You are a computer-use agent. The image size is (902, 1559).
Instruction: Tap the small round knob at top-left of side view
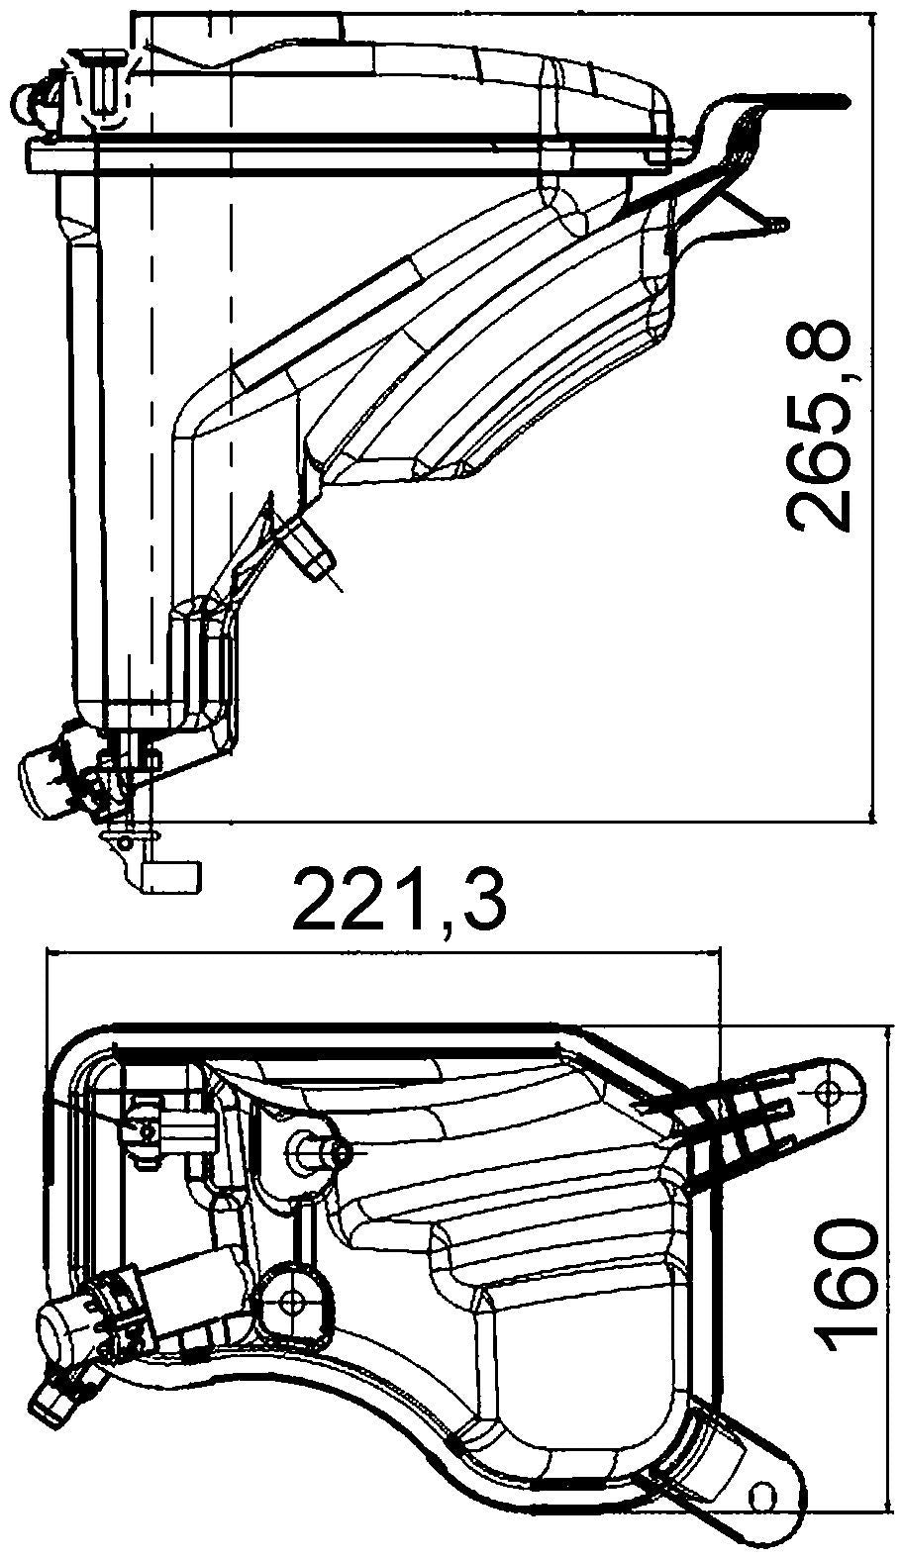30,97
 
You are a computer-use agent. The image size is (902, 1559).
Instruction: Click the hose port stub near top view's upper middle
319,1150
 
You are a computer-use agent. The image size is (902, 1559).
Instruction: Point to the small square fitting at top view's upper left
145,1129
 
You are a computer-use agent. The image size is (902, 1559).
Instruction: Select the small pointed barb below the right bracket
777,226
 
